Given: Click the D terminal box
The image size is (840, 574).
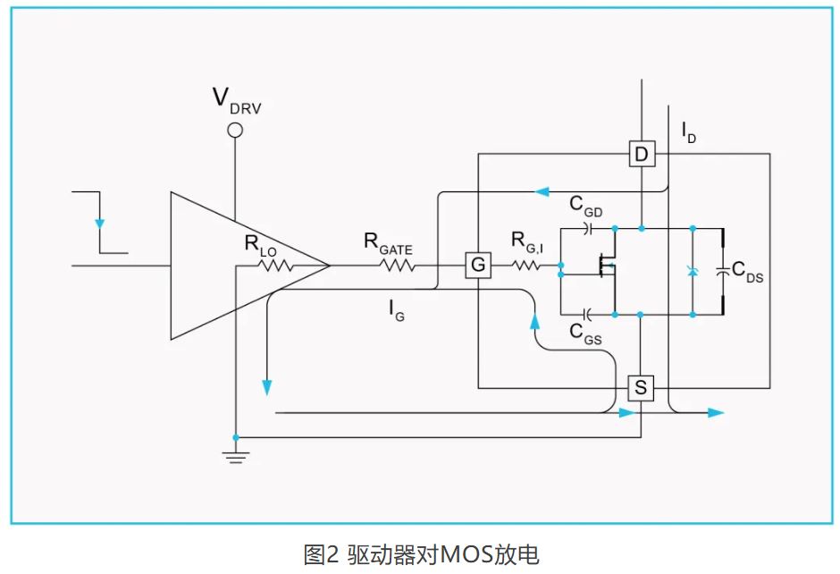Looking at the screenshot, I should (641, 155).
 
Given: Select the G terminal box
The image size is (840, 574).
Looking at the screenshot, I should (479, 266).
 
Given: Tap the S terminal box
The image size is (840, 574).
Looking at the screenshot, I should (641, 388).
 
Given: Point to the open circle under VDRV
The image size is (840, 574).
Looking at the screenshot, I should (235, 131).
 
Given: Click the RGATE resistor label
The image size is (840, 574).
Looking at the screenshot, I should (387, 241).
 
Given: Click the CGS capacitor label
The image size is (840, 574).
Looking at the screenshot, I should (585, 333).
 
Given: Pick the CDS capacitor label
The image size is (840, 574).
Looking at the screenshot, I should (747, 272).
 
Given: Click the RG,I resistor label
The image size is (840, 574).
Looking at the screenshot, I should (529, 241).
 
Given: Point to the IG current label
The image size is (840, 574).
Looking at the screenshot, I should (396, 310).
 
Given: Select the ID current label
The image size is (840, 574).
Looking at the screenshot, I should (689, 134).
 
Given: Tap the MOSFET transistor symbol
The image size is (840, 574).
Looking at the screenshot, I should (609, 266).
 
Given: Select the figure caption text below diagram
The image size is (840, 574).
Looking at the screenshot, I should (421, 554).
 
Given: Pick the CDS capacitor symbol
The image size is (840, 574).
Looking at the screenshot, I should (723, 271).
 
